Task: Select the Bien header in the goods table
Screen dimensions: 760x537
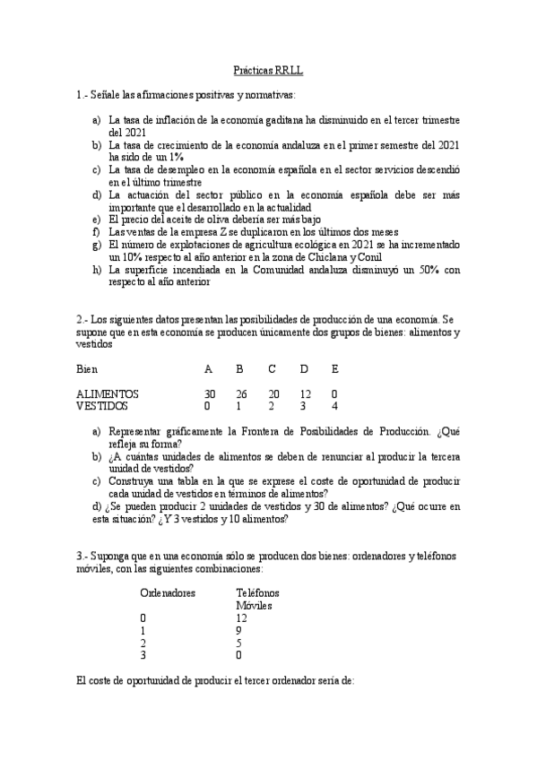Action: [87, 368]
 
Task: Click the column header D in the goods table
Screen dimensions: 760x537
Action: [304, 368]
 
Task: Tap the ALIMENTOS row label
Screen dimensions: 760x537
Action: [108, 393]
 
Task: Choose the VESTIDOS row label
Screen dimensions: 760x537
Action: [102, 406]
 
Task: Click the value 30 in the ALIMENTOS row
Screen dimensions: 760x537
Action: [210, 393]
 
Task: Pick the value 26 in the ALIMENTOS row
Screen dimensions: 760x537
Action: [240, 393]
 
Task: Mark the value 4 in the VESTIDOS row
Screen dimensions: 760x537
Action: [334, 406]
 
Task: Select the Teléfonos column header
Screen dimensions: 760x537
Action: [257, 592]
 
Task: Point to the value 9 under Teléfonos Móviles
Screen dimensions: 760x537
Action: [238, 630]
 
